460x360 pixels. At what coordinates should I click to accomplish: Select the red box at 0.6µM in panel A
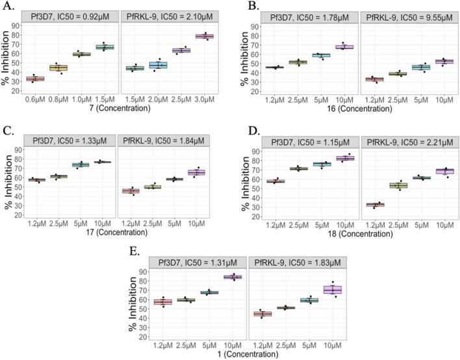pyautogui.click(x=34, y=79)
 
